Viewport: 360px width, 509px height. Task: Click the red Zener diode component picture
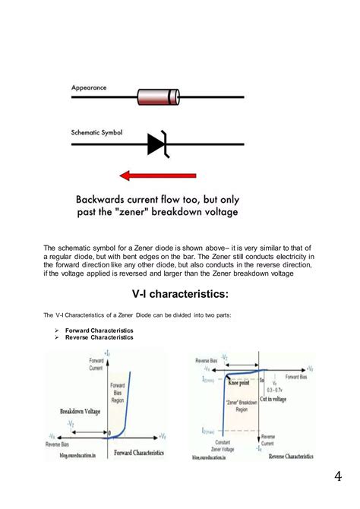[x=158, y=97]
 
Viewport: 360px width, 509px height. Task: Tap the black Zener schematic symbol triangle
[x=156, y=143]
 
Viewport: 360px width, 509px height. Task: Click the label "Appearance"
[x=89, y=88]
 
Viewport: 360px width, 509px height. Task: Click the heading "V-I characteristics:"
[x=179, y=293]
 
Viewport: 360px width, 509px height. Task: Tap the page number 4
[x=337, y=476]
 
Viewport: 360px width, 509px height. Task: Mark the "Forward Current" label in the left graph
[x=96, y=363]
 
